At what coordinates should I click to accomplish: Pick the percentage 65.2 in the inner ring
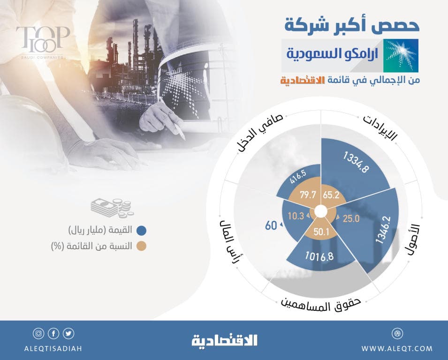coord(331,195)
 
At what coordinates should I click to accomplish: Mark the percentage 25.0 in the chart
coord(350,218)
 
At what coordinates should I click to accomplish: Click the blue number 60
coord(271,225)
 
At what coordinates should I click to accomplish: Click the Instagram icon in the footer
coord(38,334)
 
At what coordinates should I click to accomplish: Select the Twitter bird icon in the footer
coord(69,334)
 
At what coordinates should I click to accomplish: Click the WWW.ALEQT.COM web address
coord(397,348)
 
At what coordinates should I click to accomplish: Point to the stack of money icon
coord(112,208)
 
